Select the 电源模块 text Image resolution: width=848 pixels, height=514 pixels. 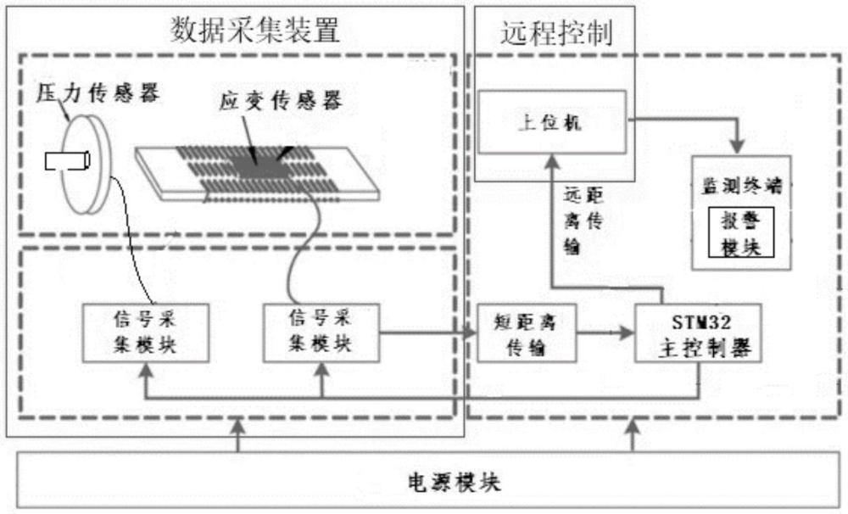pyautogui.click(x=442, y=483)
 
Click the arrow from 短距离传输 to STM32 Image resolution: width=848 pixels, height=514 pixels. pyautogui.click(x=605, y=332)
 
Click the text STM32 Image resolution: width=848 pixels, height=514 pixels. pyautogui.click(x=696, y=321)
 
